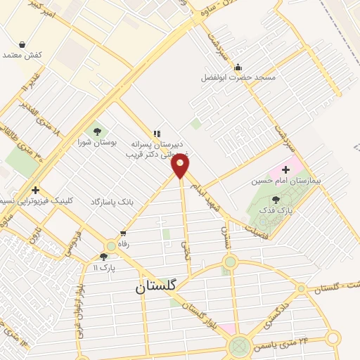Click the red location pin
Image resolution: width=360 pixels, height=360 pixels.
(181, 167)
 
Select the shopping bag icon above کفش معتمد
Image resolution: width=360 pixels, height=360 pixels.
(23, 44)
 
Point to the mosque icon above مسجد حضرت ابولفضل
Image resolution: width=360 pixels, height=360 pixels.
(238, 68)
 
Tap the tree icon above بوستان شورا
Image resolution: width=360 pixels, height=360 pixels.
(96, 131)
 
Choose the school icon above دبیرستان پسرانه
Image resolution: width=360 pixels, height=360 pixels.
(157, 132)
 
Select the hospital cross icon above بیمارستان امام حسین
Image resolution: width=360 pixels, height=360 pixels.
(285, 169)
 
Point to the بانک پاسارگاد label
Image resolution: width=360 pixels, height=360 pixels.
(112, 202)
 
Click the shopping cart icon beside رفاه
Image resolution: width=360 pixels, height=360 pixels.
(123, 233)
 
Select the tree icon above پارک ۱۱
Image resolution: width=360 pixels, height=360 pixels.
(103, 257)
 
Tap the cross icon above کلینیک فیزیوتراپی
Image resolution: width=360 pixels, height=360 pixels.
(34, 190)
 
